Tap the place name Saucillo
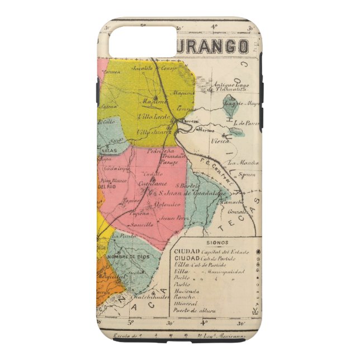point(142,224)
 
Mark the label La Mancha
point(246,163)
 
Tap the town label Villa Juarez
point(151,131)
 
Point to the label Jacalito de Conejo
point(150,69)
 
